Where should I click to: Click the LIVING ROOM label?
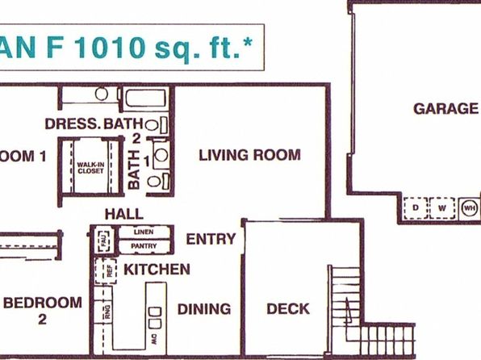249,155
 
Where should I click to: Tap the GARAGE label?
445,108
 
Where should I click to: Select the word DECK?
287,308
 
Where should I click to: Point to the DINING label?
203,308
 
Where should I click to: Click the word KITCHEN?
157,269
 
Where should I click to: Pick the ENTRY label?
211,239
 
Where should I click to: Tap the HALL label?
123,214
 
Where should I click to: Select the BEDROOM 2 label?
43,310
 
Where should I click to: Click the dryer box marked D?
416,208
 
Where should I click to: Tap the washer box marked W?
441,208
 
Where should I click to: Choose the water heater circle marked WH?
469,208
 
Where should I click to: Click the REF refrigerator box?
102,271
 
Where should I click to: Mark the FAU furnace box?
102,240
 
